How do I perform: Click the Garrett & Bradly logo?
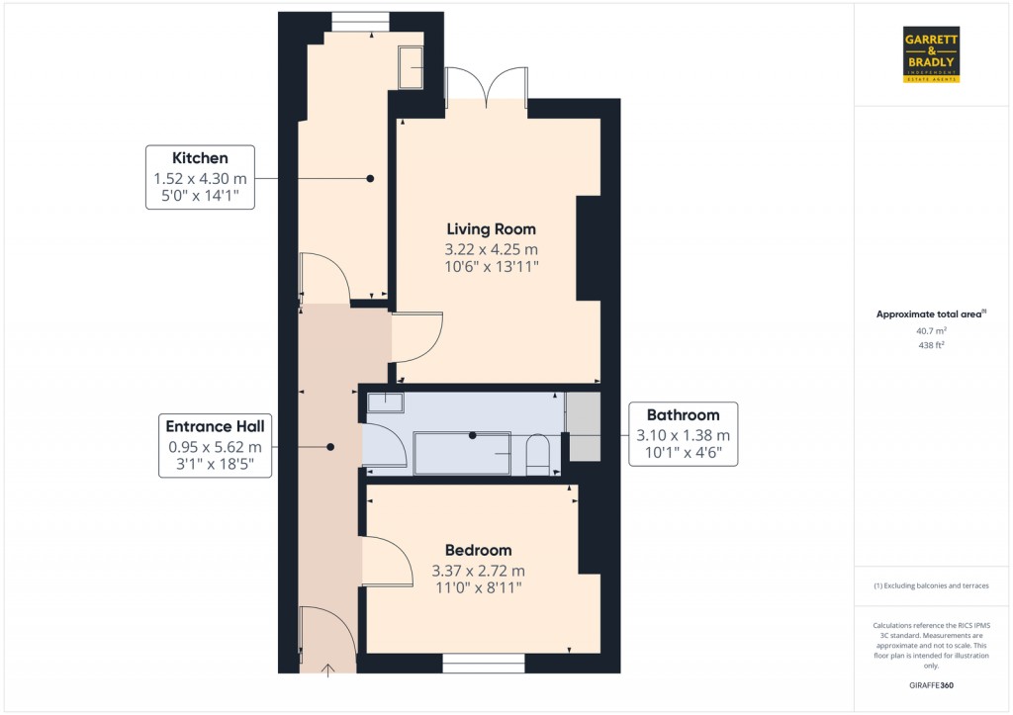click(931, 54)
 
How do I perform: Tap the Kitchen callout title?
click(200, 158)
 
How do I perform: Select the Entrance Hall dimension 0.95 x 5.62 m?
click(215, 447)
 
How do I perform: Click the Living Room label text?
click(490, 229)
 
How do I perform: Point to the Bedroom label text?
click(478, 550)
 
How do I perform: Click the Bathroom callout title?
click(683, 415)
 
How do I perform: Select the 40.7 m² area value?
click(931, 331)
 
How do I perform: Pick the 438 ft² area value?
click(931, 345)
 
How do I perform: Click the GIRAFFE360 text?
click(931, 685)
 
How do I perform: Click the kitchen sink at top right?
click(411, 65)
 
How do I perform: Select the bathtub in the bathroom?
click(462, 453)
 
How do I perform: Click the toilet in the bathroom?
click(538, 453)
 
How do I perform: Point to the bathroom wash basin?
click(385, 402)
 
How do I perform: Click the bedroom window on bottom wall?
click(483, 664)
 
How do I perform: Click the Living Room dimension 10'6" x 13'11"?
click(490, 267)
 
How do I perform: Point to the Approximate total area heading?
click(931, 314)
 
